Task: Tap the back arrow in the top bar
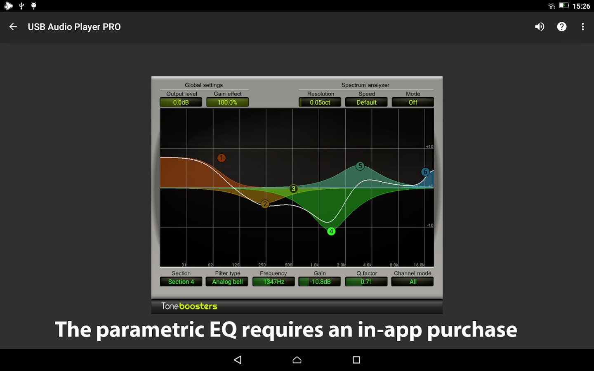13,27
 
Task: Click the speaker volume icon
540,27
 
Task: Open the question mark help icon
562,27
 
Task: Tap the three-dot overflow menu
582,27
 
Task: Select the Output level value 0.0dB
181,102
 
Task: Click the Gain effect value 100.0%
227,102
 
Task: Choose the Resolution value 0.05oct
320,102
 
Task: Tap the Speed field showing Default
366,102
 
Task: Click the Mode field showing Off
412,102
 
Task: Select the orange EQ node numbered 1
222,158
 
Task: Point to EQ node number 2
265,204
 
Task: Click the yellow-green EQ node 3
293,189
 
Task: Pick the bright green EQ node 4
331,231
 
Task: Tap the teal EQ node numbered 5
360,166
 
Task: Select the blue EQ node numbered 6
425,172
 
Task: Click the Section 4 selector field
181,282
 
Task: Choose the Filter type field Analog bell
227,282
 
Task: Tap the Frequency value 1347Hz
273,282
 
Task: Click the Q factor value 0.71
366,282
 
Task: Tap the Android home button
297,360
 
